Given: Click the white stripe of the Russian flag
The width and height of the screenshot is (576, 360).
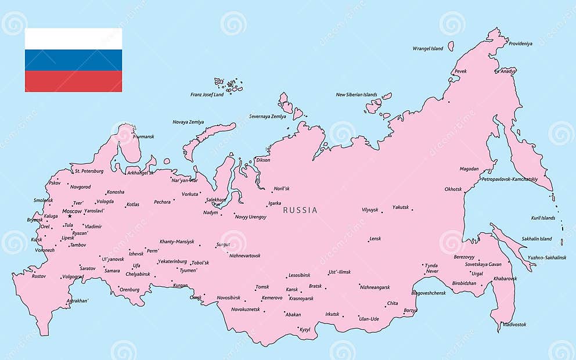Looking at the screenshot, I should coord(73,38).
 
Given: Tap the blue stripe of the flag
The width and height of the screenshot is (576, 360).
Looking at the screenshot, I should coord(73,60).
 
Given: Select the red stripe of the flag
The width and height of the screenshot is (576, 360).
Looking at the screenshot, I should coord(73,81).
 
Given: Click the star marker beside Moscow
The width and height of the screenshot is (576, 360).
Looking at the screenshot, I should coord(70,217).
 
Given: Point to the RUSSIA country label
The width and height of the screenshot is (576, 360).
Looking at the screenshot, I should coord(300,210).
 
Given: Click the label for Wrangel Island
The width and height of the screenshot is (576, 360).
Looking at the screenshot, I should coord(427,49).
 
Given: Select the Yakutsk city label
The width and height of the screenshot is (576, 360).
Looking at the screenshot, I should coord(400,207).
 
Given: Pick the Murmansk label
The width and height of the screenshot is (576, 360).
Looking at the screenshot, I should coord(143,137).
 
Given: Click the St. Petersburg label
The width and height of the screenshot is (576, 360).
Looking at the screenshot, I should coord(89,171).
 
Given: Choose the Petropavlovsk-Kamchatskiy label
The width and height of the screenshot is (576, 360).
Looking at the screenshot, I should coord(509,179).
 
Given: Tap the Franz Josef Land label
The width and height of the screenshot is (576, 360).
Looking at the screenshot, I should coord(207,95).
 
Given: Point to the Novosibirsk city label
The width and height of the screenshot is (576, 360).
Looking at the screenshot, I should coord(228,298).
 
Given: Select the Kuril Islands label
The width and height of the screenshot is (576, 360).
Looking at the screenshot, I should coord(543,218).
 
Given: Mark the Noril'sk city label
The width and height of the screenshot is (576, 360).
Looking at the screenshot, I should coord(282,189).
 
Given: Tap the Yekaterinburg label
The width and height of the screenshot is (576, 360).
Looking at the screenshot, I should coord(172,261).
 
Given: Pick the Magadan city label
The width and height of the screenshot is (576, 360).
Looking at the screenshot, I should coord(469,170).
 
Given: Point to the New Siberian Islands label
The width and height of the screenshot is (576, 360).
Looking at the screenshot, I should coord(356,95).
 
